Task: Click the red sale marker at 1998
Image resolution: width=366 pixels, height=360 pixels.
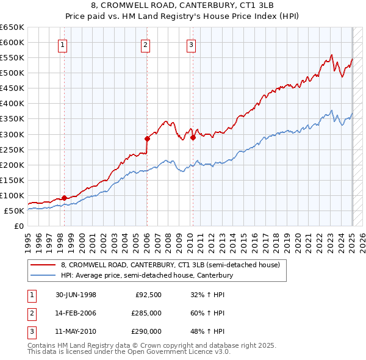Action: pyautogui.click(x=64, y=198)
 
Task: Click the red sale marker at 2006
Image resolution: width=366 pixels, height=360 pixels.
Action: pyautogui.click(x=147, y=139)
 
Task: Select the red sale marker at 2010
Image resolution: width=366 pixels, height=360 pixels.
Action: pyautogui.click(x=193, y=137)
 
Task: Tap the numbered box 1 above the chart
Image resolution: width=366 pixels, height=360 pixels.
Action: pyautogui.click(x=63, y=44)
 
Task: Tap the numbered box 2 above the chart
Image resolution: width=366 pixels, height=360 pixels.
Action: pyautogui.click(x=146, y=44)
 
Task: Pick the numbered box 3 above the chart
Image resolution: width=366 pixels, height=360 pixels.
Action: pyautogui.click(x=191, y=44)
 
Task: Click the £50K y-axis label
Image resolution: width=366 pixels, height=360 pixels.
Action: pyautogui.click(x=14, y=211)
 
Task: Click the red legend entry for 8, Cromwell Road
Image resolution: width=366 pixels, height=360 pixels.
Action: pyautogui.click(x=170, y=265)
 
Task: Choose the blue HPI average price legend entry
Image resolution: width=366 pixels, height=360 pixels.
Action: pyautogui.click(x=147, y=276)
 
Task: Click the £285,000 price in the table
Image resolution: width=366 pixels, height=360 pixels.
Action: pyautogui.click(x=146, y=313)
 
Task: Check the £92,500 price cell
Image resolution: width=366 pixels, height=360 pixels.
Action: pyautogui.click(x=148, y=295)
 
